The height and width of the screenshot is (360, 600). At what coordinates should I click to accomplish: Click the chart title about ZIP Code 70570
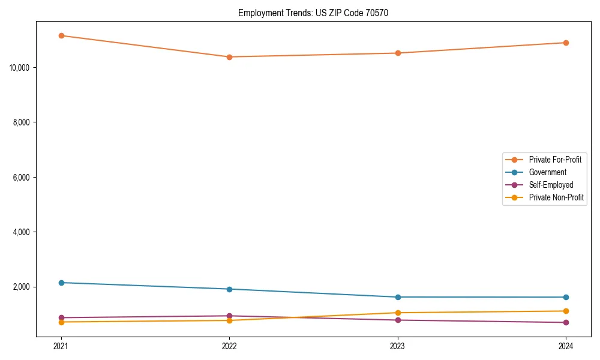click(313, 13)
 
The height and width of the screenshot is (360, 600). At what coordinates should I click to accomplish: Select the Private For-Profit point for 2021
click(61, 35)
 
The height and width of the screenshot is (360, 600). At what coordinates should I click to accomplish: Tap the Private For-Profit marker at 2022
click(229, 57)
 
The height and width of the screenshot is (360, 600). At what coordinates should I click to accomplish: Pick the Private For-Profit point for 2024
click(566, 43)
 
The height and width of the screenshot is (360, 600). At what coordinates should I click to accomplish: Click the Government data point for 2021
click(61, 283)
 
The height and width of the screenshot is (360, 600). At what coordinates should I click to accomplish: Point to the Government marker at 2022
click(229, 289)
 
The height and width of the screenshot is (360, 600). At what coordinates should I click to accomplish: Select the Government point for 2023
click(398, 297)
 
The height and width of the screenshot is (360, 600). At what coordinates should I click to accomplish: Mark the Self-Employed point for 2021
click(61, 317)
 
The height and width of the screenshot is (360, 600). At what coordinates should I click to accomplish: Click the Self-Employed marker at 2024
click(566, 323)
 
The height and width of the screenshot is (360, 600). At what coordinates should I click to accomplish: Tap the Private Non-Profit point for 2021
click(61, 322)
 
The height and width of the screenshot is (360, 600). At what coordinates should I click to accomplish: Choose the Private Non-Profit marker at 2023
click(398, 313)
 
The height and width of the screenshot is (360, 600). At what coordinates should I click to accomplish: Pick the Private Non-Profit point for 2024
click(566, 311)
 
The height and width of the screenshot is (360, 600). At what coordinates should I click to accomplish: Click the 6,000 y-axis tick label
click(22, 178)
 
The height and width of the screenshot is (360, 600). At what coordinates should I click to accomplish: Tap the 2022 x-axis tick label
click(229, 346)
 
